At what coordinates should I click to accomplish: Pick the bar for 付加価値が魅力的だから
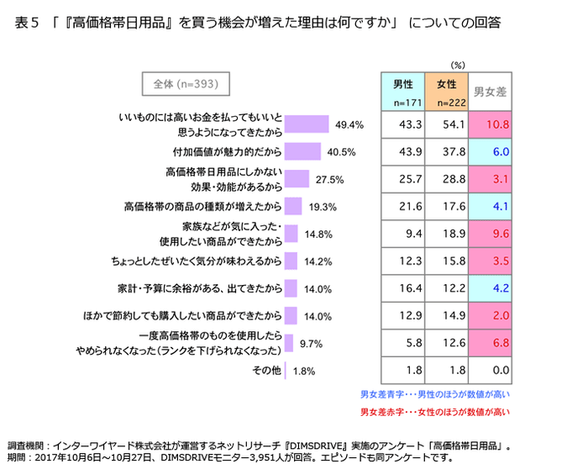click(303, 152)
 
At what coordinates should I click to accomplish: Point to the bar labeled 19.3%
click(293, 207)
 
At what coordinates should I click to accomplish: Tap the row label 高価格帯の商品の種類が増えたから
click(202, 207)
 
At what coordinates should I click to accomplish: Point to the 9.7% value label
click(311, 343)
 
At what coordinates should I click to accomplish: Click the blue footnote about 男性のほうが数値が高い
click(434, 393)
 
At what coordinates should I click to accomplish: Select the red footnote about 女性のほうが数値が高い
click(434, 412)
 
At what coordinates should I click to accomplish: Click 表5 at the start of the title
click(28, 23)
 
